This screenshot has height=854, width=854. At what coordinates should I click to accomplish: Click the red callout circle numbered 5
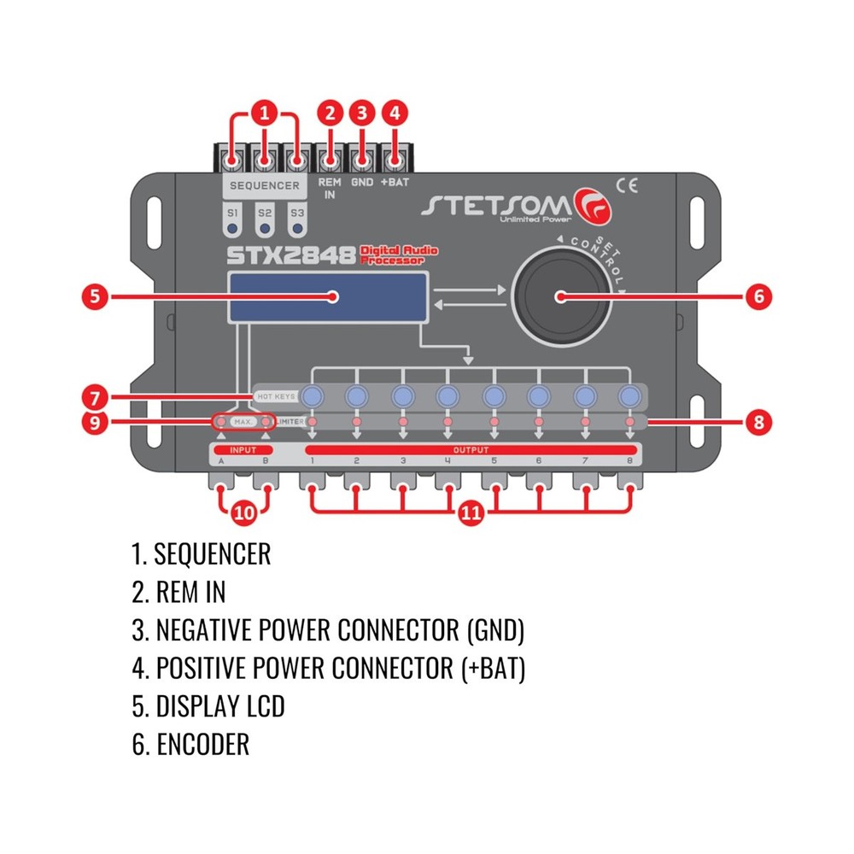96,296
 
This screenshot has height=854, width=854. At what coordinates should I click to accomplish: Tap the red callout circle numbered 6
757,296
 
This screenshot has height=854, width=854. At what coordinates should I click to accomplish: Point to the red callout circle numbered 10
243,512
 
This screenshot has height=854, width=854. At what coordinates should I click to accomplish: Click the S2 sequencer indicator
265,221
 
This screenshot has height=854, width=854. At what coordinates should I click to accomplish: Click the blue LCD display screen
328,298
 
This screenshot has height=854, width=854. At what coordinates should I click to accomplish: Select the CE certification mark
626,181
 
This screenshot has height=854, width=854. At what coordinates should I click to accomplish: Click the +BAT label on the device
394,183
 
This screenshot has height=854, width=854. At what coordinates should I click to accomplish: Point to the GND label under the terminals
362,183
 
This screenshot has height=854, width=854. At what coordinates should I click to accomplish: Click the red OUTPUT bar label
471,449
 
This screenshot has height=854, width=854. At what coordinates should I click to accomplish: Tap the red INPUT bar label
243,449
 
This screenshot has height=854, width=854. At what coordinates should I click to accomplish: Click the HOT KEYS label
275,397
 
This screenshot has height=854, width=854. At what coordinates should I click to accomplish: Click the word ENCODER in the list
202,744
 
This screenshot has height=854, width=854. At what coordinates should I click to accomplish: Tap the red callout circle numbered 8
757,421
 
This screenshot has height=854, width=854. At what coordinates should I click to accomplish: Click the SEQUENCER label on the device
265,185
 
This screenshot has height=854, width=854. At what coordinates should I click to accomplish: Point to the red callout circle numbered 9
96,422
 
